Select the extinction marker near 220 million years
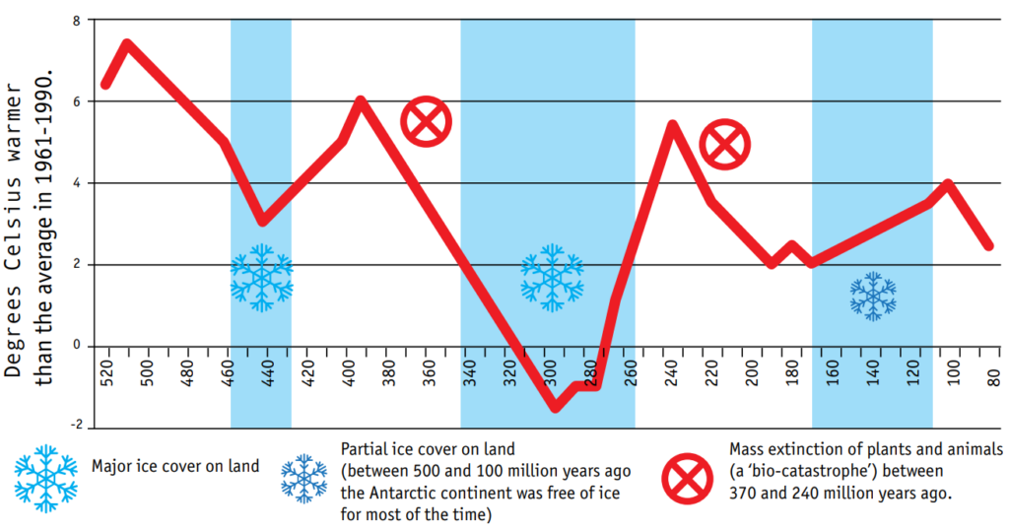[725, 144]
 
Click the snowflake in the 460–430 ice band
[261, 278]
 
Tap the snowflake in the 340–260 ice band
[552, 278]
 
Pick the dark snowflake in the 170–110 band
[873, 296]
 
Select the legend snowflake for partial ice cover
[304, 478]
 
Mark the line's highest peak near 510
[126, 44]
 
